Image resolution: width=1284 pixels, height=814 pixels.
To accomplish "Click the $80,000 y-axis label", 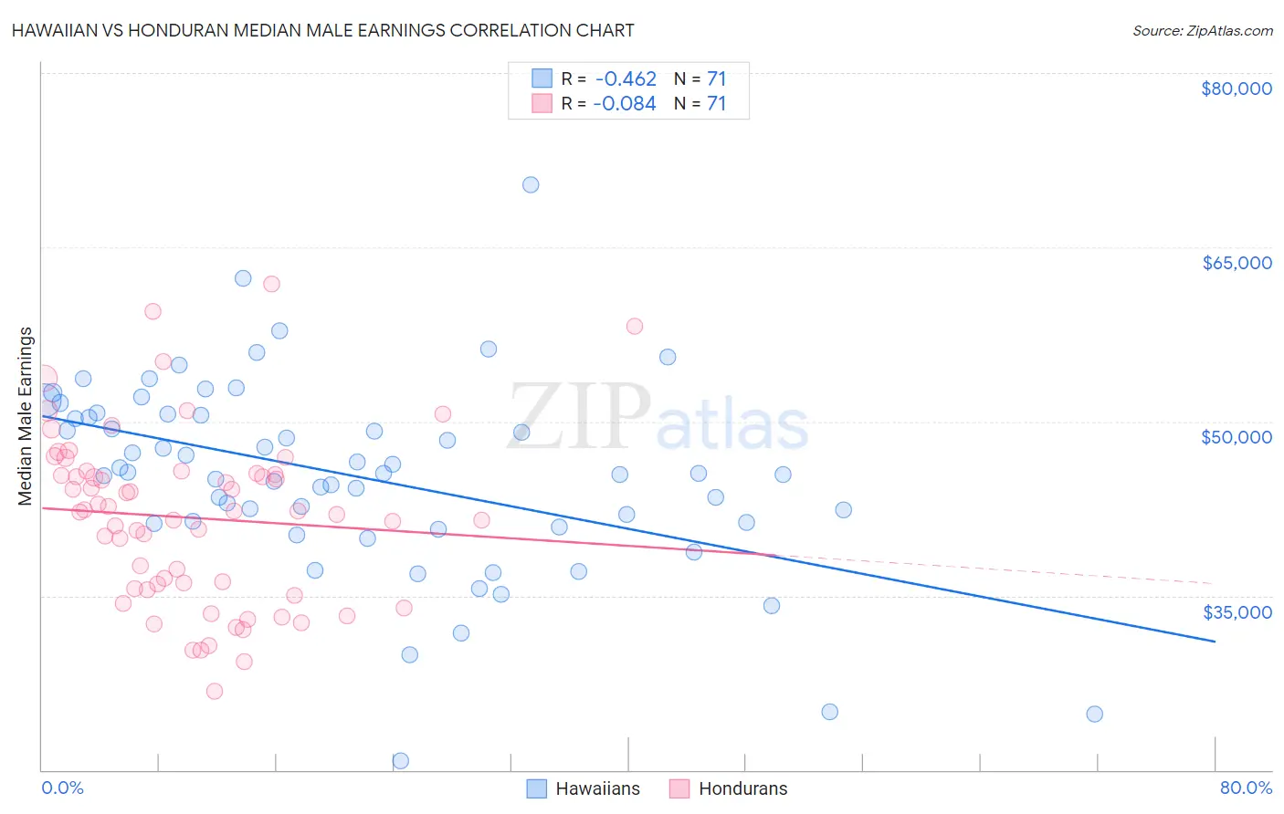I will point(1237,89).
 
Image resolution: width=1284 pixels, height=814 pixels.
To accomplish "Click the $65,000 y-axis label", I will point(1237,263).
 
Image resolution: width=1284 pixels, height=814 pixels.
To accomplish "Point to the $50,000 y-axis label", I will point(1237,437).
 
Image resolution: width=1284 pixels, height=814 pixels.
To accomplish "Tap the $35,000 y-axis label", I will point(1237,611).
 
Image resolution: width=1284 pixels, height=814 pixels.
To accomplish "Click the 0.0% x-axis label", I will point(62,788).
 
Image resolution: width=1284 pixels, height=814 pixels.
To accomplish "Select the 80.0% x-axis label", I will point(1246,788).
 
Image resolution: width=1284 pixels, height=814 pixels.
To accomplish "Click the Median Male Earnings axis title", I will point(26,416).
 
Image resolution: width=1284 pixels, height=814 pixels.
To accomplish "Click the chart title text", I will point(322,30).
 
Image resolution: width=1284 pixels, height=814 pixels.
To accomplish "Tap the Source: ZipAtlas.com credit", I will point(1202,30).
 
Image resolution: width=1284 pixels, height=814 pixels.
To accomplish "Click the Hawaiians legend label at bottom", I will point(597,788).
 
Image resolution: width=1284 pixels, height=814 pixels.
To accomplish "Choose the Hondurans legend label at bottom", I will point(742,788).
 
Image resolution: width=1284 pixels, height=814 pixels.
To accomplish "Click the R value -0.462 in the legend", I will point(625,78).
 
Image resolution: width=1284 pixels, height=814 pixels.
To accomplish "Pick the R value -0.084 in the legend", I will point(625,103).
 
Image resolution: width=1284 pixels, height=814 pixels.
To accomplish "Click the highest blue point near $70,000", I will point(531,184).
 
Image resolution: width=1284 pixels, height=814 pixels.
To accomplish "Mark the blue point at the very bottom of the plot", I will point(400,760).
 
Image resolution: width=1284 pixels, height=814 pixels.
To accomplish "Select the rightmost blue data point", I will point(1094,714).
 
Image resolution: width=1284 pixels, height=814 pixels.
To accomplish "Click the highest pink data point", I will point(271,284).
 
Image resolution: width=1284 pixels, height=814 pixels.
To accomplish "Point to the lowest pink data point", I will point(215,691).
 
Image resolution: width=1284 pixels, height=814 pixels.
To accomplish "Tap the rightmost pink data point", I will point(635,326).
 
